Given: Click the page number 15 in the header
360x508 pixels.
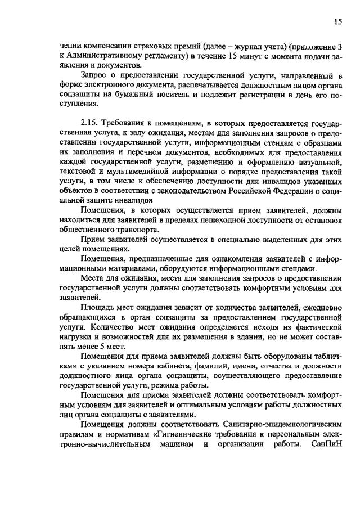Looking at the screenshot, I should coord(338,21).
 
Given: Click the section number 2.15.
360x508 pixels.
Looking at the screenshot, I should coord(91,123).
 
